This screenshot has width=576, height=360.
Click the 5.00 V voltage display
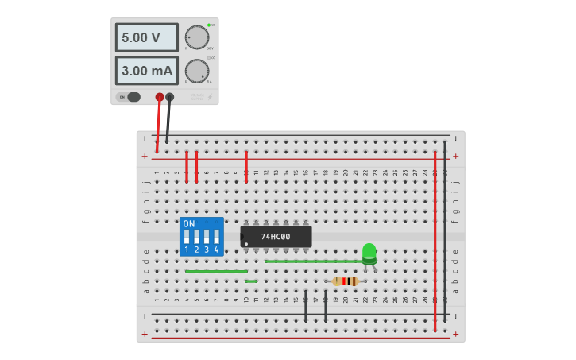(146, 37)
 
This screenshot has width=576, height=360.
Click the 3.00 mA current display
(146, 71)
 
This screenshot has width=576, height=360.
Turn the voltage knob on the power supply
(196, 37)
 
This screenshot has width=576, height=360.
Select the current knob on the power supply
(196, 71)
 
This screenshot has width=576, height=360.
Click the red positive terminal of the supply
(160, 97)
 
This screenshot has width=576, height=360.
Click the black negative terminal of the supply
(169, 97)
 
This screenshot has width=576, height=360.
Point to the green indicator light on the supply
(209, 25)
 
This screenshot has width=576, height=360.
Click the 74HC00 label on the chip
(276, 237)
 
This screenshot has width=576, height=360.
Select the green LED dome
(369, 252)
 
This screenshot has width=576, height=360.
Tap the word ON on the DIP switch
(189, 224)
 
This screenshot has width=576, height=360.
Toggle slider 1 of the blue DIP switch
(187, 237)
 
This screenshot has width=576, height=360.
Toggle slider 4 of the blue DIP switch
(215, 237)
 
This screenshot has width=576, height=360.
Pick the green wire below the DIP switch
(216, 271)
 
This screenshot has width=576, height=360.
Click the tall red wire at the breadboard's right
(435, 238)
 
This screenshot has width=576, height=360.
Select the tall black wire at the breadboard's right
(445, 230)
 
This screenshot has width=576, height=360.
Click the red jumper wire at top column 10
(246, 167)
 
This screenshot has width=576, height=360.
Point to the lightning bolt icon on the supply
(210, 97)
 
